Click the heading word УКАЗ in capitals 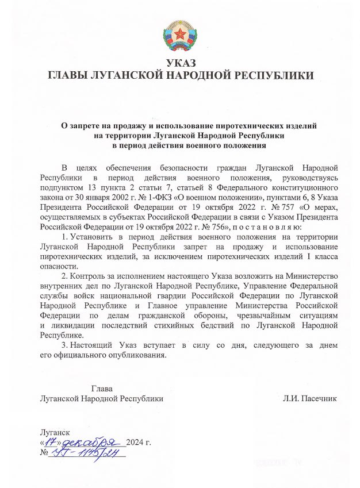(180, 64)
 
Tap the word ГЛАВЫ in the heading (69, 75)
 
